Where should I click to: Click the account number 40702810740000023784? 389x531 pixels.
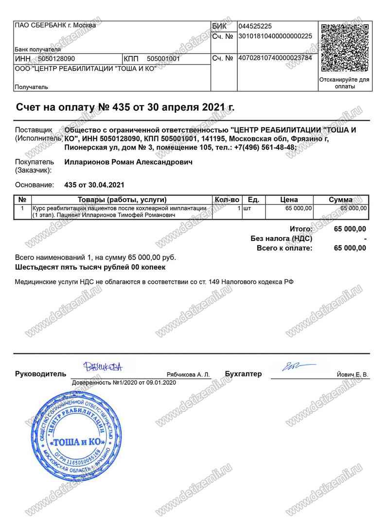(275, 58)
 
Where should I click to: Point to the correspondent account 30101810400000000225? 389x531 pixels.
(275, 36)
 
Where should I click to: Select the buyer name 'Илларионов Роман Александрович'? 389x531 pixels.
(128, 162)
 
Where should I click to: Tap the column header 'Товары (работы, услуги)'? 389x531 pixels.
(122, 200)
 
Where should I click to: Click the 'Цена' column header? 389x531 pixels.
(289, 200)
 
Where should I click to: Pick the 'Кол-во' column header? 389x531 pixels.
(227, 200)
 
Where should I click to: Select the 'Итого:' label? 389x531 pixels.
(301, 229)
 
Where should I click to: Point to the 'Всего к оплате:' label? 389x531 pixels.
(284, 248)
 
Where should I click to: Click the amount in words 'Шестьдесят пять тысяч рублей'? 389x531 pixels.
(90, 267)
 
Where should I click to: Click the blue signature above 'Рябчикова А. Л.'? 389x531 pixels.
(103, 366)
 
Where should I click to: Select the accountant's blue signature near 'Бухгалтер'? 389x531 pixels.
(292, 366)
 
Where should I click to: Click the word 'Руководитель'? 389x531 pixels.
(40, 374)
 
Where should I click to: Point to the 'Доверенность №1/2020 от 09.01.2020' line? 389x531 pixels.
(124, 383)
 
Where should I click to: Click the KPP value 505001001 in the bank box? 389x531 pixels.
(163, 59)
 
